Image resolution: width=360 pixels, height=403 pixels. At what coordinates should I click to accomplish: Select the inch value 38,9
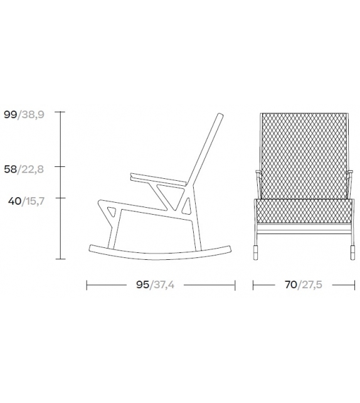pos(31,114)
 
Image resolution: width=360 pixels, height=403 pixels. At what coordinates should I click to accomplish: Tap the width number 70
pos(290,284)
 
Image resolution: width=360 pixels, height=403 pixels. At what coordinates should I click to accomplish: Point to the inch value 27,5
pos(310,284)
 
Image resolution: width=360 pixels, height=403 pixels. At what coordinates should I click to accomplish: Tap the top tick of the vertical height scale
pos(60,112)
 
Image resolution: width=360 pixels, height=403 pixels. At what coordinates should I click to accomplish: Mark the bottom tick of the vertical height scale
pos(60,258)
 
